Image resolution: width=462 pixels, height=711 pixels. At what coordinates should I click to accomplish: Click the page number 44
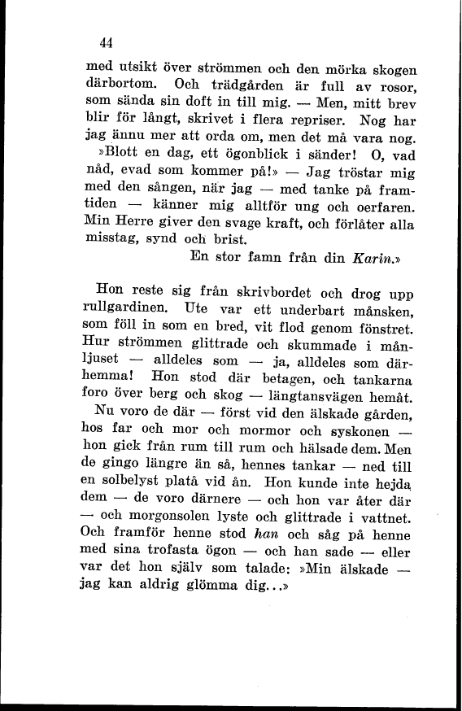[x=104, y=43]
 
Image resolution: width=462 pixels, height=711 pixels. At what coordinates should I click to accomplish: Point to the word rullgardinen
[x=125, y=309]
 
